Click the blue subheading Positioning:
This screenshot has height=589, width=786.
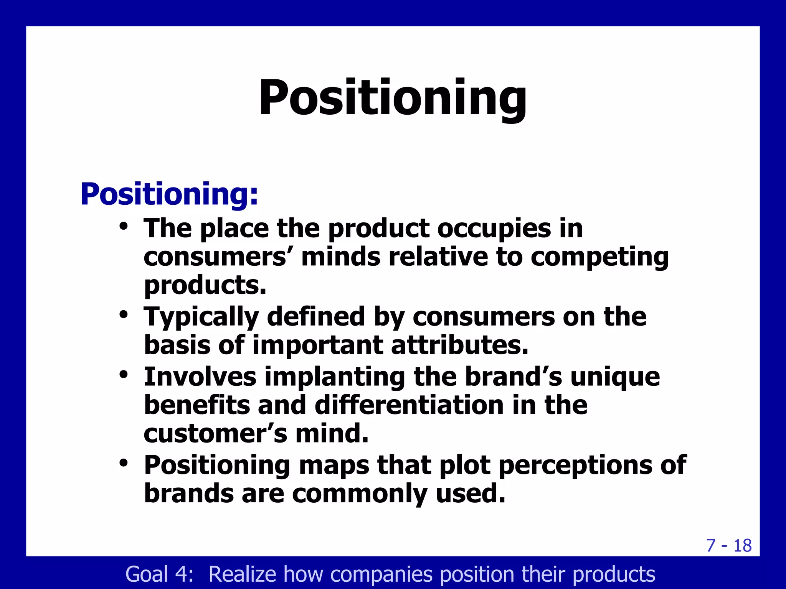(x=169, y=194)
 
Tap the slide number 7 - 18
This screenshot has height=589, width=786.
(x=728, y=545)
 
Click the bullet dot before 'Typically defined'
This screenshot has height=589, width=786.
(x=123, y=314)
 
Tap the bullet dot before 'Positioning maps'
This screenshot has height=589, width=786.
(x=123, y=462)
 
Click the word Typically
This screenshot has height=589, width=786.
(x=201, y=318)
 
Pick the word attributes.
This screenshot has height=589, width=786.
(x=459, y=345)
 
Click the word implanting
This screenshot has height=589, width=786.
(x=335, y=377)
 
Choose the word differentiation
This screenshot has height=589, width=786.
(x=409, y=405)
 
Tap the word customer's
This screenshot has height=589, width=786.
(x=215, y=434)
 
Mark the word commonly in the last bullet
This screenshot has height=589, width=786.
(x=359, y=494)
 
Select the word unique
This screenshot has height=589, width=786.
(x=615, y=377)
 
